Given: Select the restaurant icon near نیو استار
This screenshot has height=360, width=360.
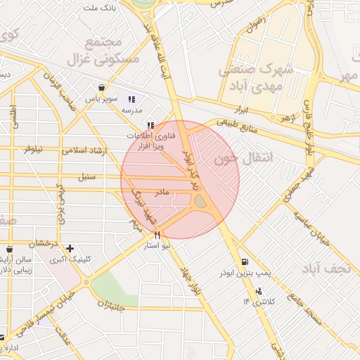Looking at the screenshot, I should click(157, 236).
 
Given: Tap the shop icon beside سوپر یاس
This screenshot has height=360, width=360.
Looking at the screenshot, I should click(103, 88).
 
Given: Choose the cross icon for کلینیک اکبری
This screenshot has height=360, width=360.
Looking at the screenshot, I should click(70, 248).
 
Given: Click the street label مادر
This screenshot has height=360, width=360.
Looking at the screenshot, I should click(163, 191).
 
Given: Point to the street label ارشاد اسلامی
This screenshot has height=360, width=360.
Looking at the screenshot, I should click(83, 150).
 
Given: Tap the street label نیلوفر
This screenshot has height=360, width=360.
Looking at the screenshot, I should click(33, 149).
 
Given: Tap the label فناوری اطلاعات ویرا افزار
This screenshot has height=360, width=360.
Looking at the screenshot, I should click(150, 141).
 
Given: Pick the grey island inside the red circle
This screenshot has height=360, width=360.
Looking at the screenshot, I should click(200, 202).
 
